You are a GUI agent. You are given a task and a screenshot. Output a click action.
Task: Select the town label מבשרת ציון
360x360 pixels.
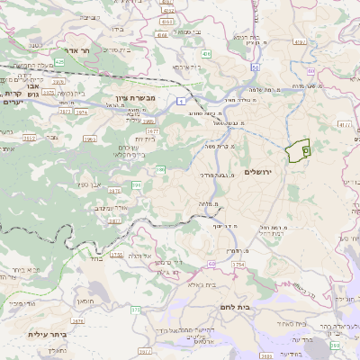[136, 96]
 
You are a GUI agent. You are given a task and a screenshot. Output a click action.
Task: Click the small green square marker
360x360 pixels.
[307, 150]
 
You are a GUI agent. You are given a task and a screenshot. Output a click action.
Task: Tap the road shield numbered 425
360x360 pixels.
[59, 62]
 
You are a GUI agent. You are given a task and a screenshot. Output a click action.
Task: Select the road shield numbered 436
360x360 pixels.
[206, 55]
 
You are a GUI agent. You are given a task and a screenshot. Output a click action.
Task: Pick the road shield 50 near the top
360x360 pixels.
[256, 67]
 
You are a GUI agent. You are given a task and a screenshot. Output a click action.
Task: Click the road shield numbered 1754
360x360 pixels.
[238, 265]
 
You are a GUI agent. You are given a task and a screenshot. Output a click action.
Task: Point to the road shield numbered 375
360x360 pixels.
[136, 310]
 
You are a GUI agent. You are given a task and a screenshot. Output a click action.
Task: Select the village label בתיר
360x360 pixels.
[95, 257]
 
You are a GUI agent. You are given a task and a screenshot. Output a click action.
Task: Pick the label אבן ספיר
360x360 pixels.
[89, 184]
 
